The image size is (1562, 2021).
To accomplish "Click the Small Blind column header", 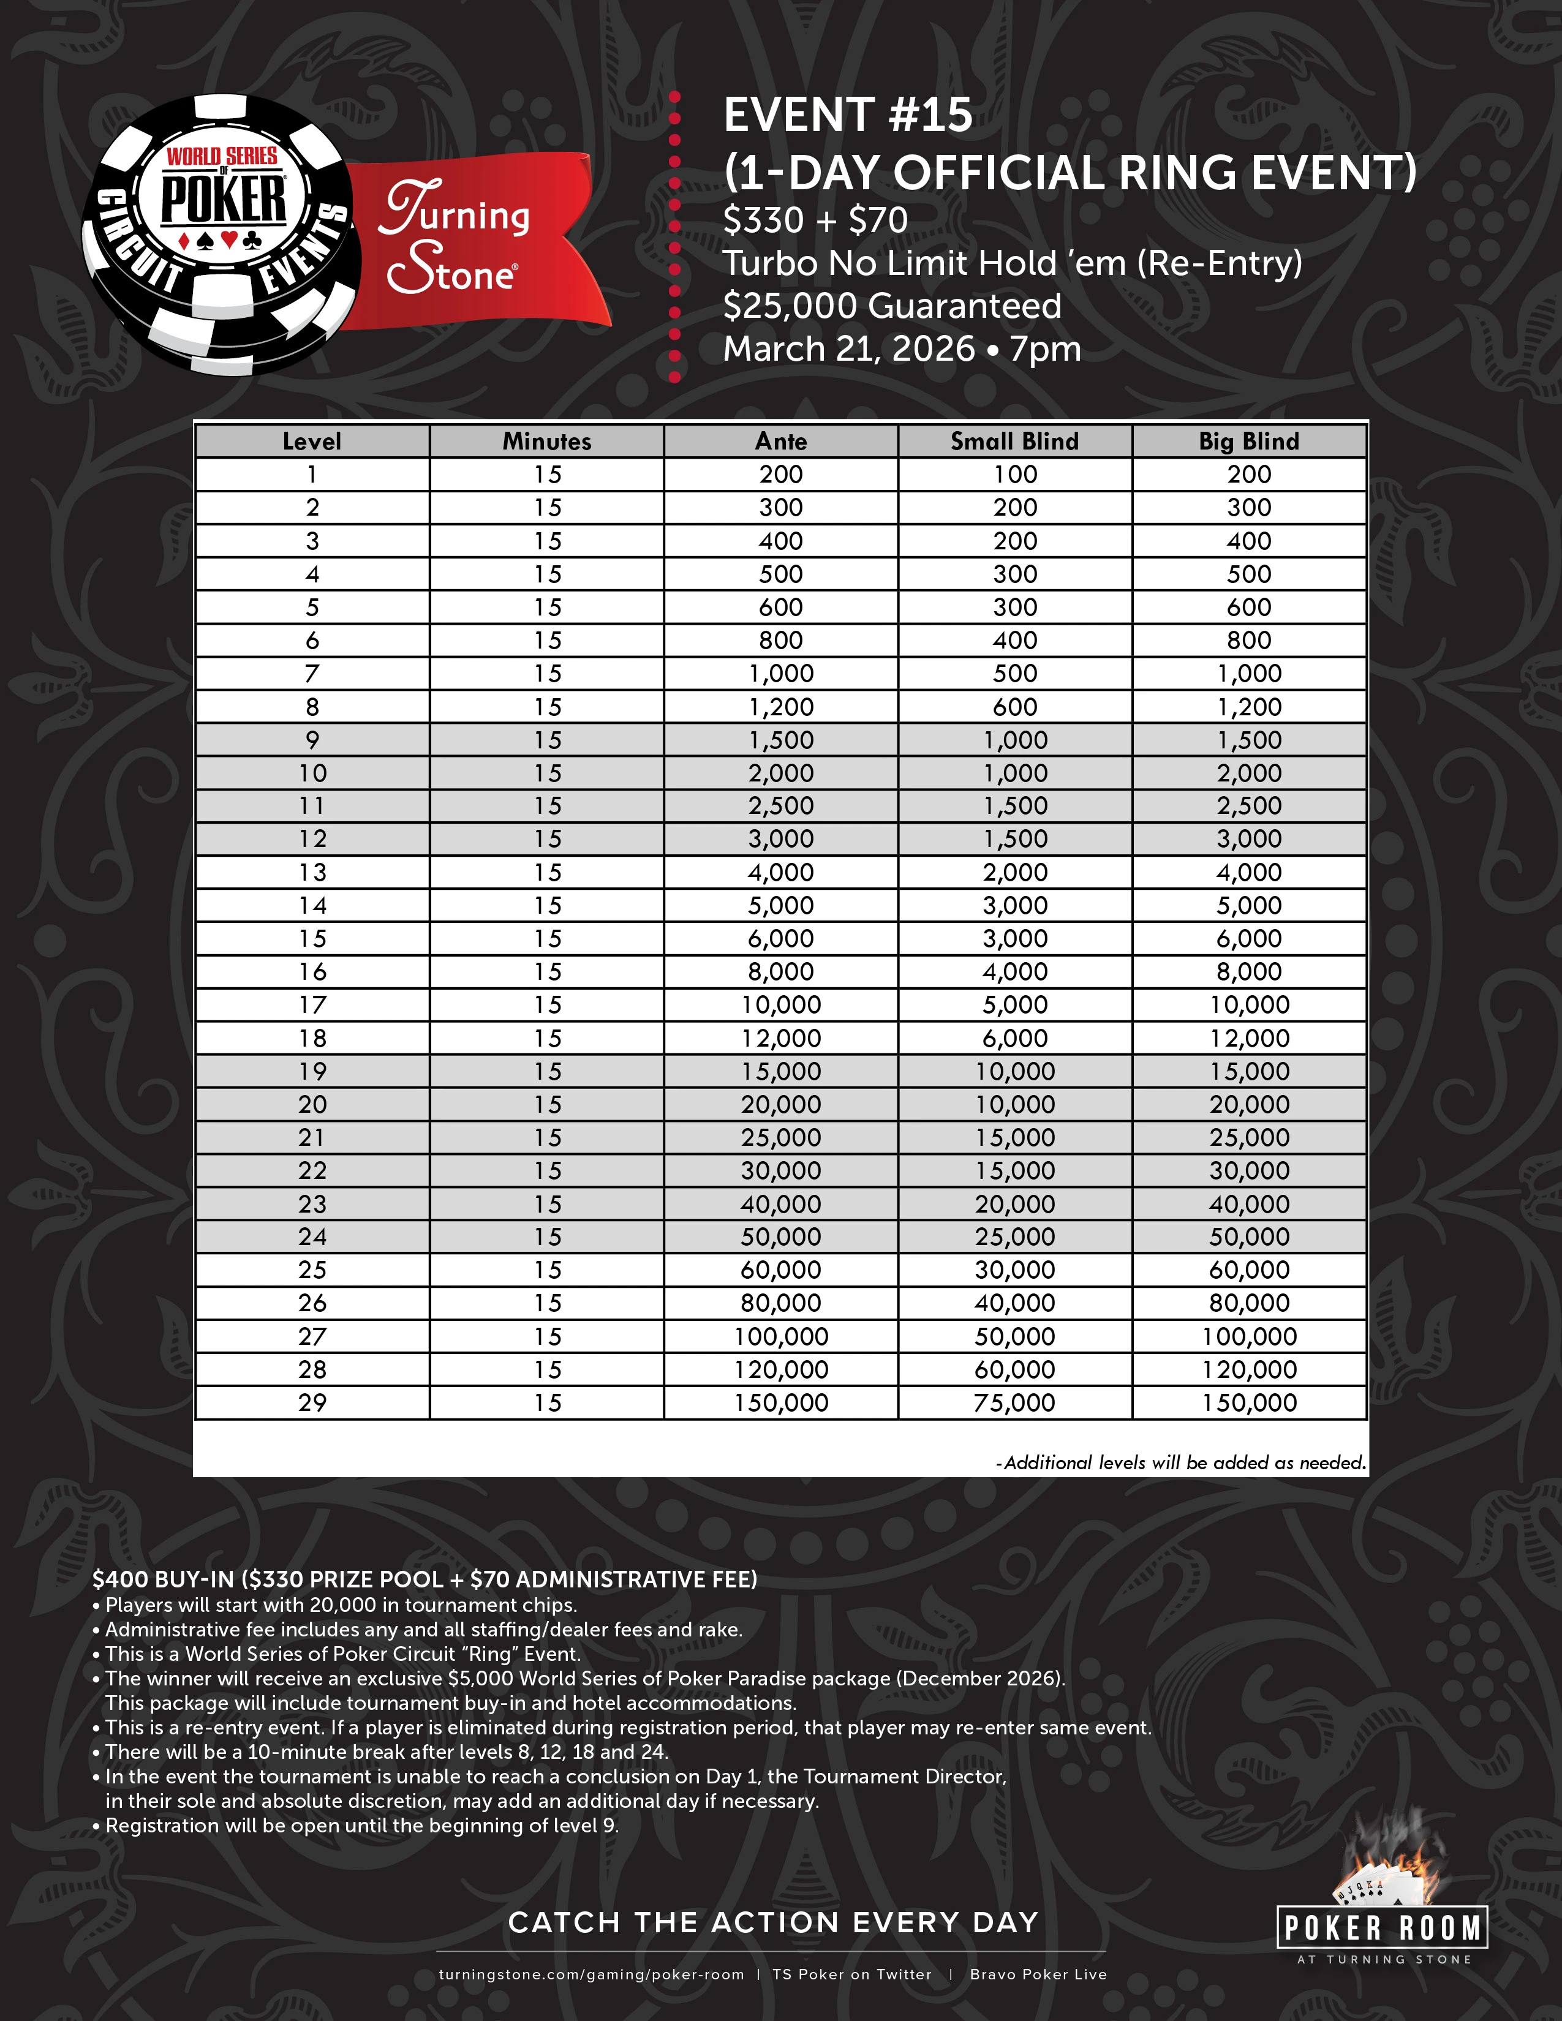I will tap(1014, 442).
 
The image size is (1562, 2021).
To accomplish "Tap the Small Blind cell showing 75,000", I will tap(1014, 1403).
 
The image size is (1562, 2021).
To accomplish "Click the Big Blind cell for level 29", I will tap(1249, 1403).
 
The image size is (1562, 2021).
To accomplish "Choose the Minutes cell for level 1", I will tap(547, 475).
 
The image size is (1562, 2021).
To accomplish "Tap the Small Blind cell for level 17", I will tap(1014, 1005).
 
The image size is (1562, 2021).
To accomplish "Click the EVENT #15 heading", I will tap(848, 116).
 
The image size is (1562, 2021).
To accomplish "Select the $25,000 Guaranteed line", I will tap(892, 306).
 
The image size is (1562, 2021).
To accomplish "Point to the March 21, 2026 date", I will tap(848, 350).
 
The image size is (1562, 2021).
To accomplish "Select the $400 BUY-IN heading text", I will tap(424, 1579).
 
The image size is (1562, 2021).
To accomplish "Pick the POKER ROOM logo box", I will tap(1383, 1929).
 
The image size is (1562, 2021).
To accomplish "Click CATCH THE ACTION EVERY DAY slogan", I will tap(774, 1923).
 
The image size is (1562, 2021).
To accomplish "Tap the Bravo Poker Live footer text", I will tap(1038, 1974).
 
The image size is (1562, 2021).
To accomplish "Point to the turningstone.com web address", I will tap(591, 1974).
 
